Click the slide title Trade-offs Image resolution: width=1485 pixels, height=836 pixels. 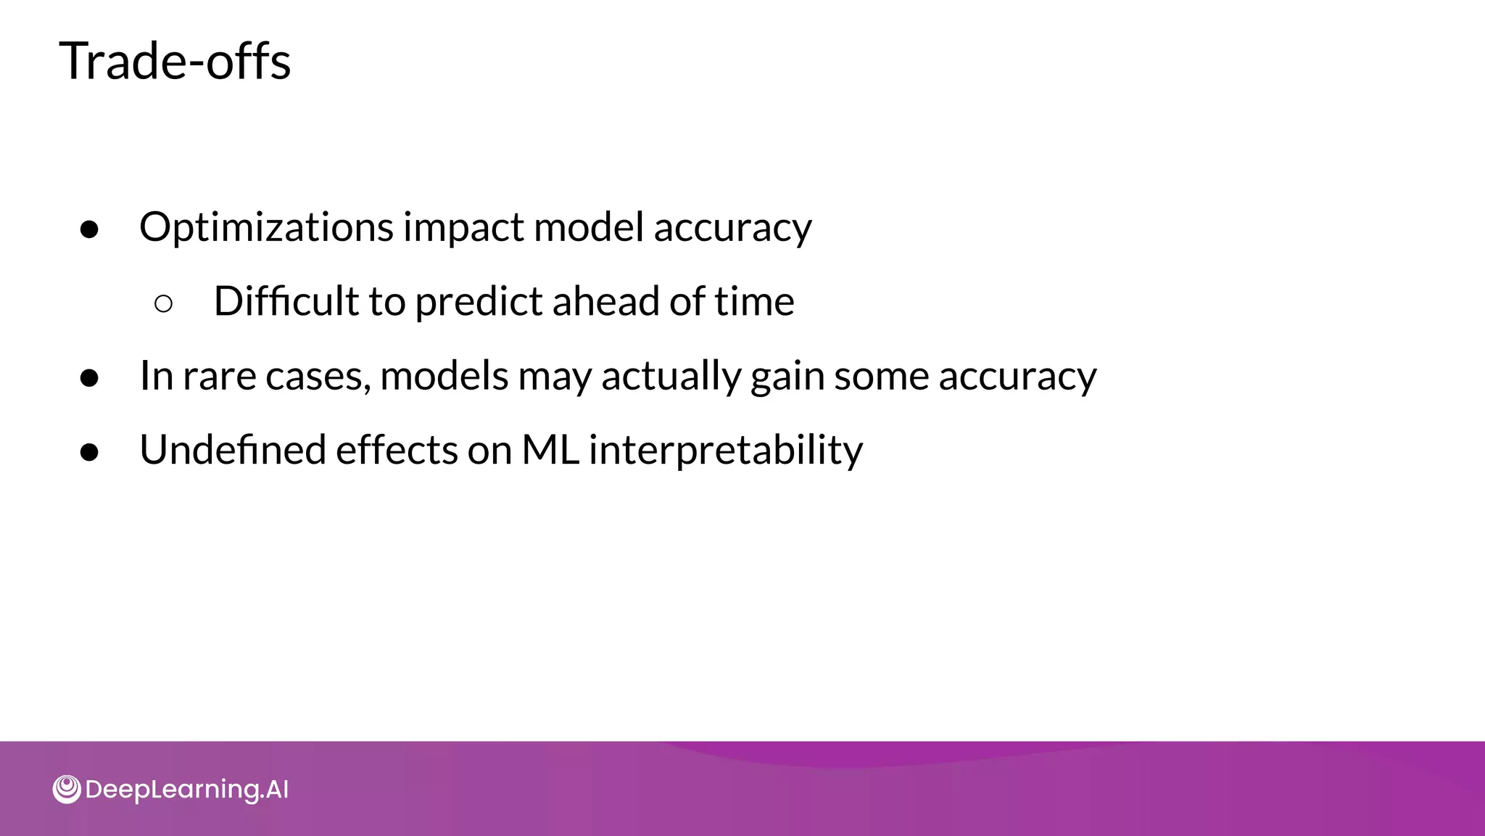tap(175, 61)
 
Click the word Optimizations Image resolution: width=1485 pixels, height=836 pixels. tap(266, 228)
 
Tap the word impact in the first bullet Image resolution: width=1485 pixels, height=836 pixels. tap(464, 228)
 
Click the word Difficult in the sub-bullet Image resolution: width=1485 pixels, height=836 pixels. tap(286, 302)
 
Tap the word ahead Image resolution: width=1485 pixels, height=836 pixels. tap(605, 302)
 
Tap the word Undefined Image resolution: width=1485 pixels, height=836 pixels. tap(232, 451)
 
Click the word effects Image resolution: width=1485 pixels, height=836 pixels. tap(397, 451)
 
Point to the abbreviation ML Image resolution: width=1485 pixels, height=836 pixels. tap(550, 451)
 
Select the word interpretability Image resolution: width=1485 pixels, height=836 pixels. tap(726, 451)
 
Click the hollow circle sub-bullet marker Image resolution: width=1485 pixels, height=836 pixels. tap(163, 304)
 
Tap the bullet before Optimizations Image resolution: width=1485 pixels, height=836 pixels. tap(89, 230)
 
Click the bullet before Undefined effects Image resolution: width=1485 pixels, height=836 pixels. tap(89, 453)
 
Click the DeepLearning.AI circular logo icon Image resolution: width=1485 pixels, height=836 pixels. tap(67, 790)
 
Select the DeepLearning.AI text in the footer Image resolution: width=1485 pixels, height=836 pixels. tap(186, 790)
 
